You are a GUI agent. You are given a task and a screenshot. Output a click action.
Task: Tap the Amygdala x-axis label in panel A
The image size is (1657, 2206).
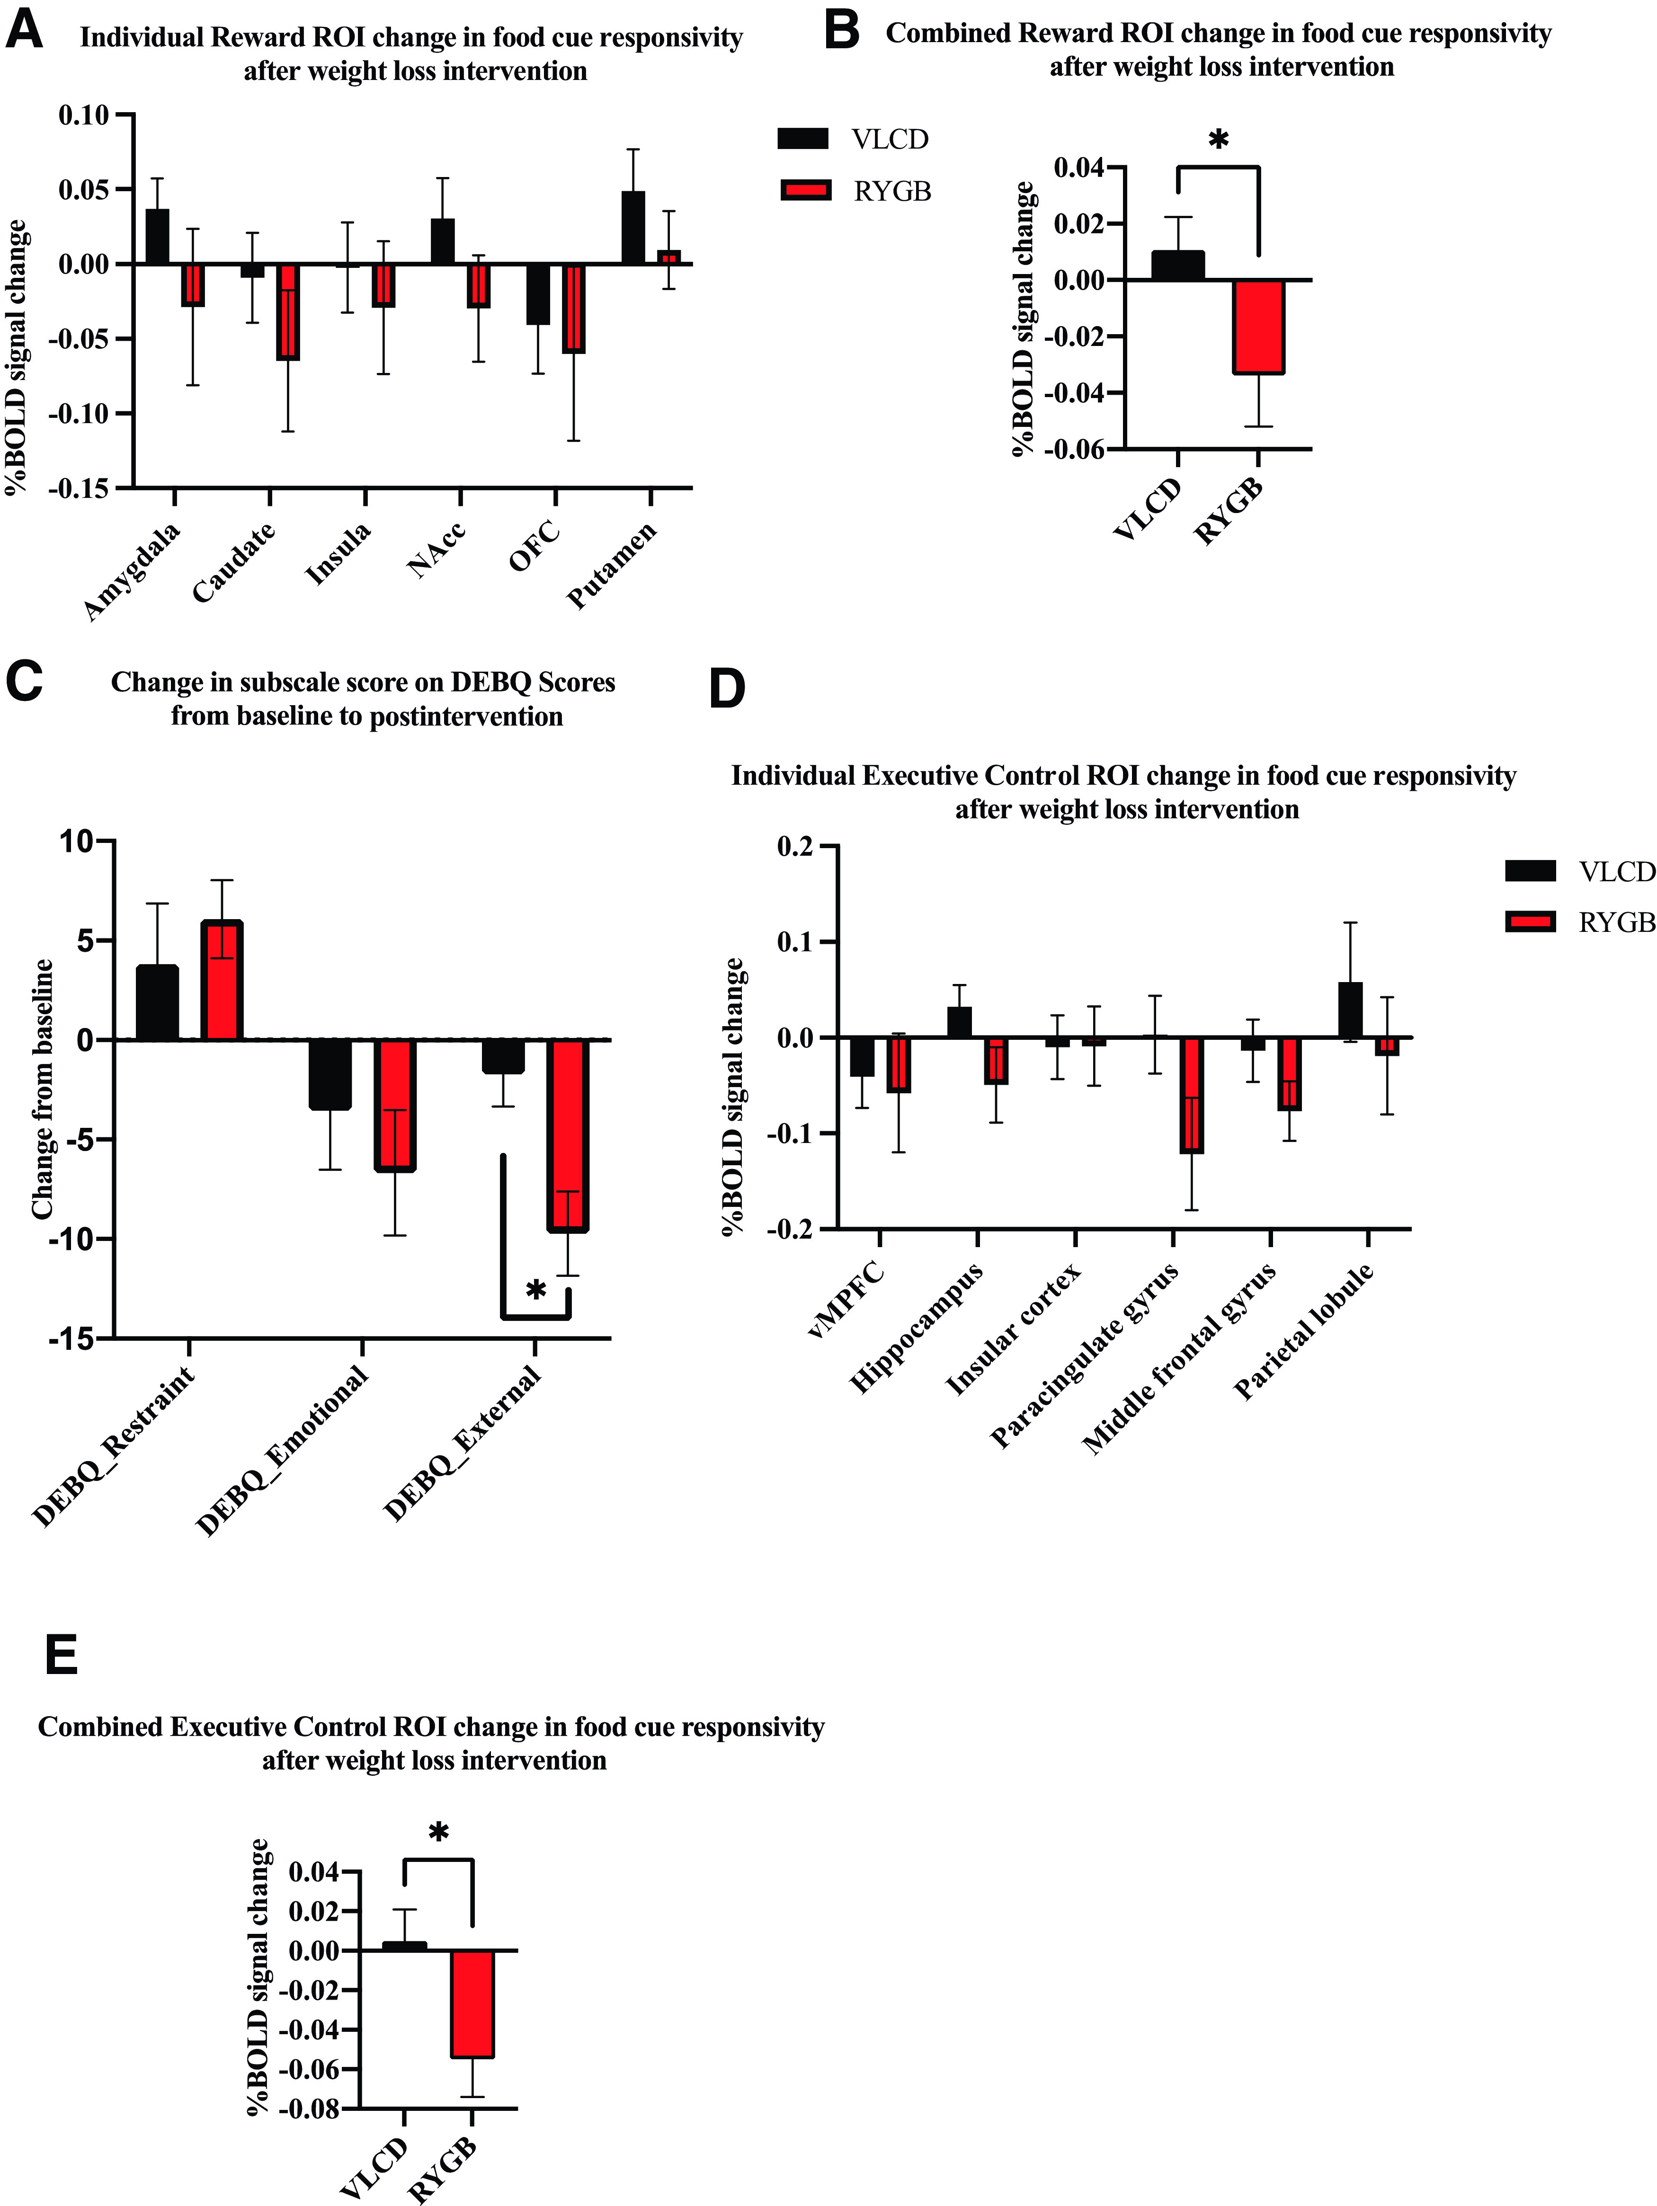[133, 570]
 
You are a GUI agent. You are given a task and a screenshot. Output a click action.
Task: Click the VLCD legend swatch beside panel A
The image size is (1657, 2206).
[803, 139]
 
